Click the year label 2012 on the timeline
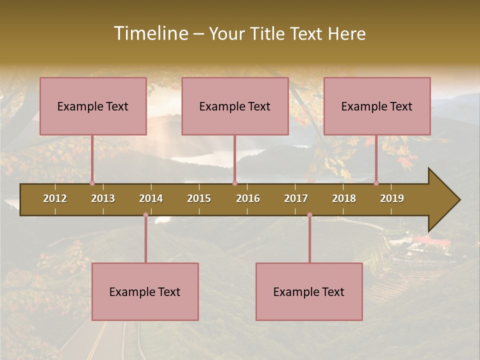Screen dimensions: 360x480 [x=55, y=198]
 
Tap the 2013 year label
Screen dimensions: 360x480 [x=103, y=198]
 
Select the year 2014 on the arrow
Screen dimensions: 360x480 [x=151, y=198]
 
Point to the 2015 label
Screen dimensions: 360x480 [x=199, y=198]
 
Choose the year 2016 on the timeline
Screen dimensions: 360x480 [x=248, y=198]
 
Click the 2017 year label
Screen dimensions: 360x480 [x=296, y=198]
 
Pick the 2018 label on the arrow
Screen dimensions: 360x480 [x=344, y=198]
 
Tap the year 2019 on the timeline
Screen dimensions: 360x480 [x=392, y=198]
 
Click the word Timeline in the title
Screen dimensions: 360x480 [x=150, y=33]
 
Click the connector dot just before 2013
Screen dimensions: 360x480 [x=92, y=183]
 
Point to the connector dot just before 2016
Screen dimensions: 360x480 [x=234, y=183]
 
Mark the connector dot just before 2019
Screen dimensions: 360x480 [x=376, y=183]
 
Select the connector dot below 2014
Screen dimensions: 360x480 [x=145, y=215]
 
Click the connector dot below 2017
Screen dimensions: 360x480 [x=309, y=215]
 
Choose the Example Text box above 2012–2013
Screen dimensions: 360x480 [x=93, y=106]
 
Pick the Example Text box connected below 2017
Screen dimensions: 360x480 [x=309, y=291]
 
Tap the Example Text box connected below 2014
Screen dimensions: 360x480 [x=145, y=291]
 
